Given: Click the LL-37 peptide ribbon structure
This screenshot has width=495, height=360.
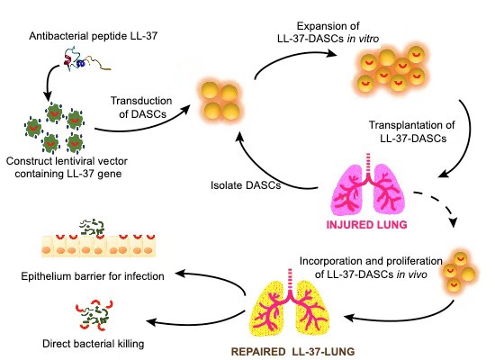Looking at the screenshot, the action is [x=86, y=59].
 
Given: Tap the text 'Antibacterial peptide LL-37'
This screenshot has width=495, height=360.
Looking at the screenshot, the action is [x=93, y=36].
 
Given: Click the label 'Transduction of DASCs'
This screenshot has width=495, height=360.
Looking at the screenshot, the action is [x=141, y=107].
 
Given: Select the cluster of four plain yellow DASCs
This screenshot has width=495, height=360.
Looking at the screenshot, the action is [x=220, y=102].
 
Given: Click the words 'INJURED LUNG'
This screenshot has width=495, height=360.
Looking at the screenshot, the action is [x=366, y=225].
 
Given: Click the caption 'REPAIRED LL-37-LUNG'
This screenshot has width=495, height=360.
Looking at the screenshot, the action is [x=292, y=352].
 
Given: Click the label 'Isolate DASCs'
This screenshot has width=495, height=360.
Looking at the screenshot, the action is [x=246, y=185].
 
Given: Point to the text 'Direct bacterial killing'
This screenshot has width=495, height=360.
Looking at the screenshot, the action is [x=93, y=344].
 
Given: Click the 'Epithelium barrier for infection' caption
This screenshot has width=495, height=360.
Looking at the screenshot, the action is [x=93, y=276].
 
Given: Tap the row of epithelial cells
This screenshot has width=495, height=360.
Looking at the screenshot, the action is [x=98, y=246].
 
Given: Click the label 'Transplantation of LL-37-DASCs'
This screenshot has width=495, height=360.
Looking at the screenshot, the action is [x=412, y=131].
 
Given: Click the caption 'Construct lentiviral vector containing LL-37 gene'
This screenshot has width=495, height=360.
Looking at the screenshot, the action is [x=67, y=167].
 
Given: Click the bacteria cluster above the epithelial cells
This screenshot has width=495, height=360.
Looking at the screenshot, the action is [x=92, y=228].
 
